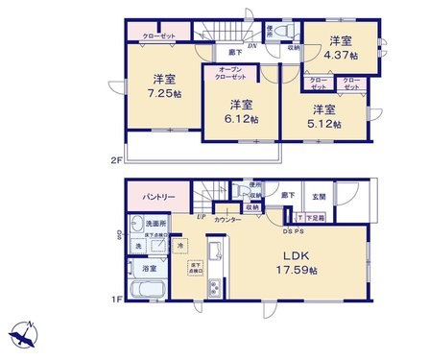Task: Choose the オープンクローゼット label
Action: (x=232, y=75)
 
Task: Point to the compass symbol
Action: (x=24, y=336)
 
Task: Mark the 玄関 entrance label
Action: (x=319, y=198)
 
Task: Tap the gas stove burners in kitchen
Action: (x=215, y=287)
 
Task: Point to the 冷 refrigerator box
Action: (x=179, y=247)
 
